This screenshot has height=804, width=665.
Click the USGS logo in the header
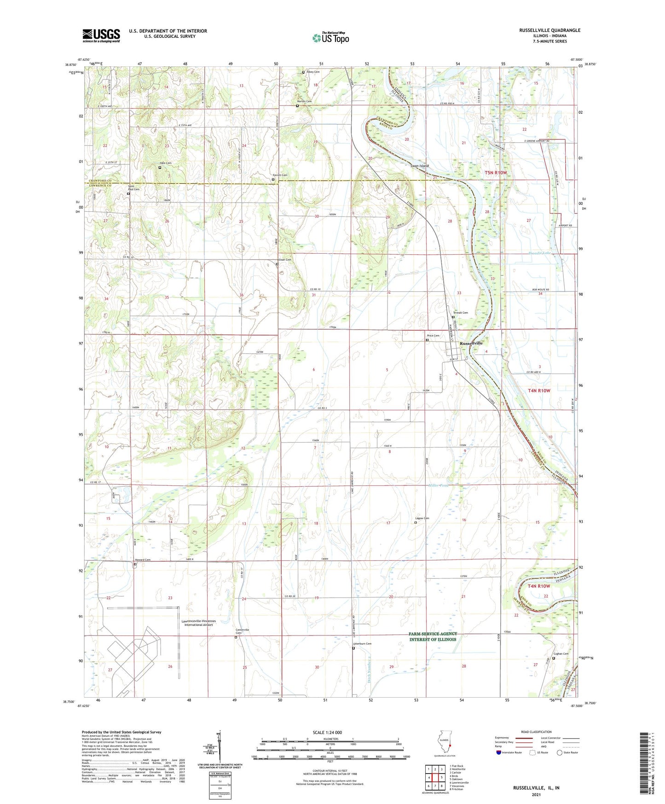(101, 35)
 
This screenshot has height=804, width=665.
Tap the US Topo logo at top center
(330, 38)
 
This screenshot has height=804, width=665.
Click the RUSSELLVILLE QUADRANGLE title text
(549, 30)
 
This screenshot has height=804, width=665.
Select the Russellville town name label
(472, 343)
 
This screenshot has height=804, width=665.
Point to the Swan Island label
(420, 166)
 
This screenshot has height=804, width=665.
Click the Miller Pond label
(438, 485)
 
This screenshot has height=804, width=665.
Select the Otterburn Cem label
(362, 644)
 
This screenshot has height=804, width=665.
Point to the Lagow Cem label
(422, 518)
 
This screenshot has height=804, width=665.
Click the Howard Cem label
(143, 560)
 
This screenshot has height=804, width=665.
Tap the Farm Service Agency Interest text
(433, 636)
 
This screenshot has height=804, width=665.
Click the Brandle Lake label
(539, 253)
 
